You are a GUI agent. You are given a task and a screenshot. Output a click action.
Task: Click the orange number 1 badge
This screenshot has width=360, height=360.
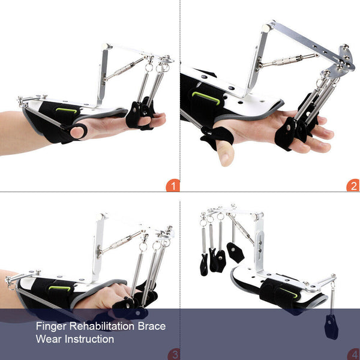pos(173,186)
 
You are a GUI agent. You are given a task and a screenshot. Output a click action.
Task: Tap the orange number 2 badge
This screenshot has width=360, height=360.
pos(353,186)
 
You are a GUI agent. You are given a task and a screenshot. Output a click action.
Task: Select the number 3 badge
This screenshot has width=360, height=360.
pos(173,355)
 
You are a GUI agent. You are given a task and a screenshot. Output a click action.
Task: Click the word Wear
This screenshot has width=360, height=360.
pos(49,340)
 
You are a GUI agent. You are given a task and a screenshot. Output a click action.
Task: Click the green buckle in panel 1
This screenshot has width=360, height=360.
pos(63,110)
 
